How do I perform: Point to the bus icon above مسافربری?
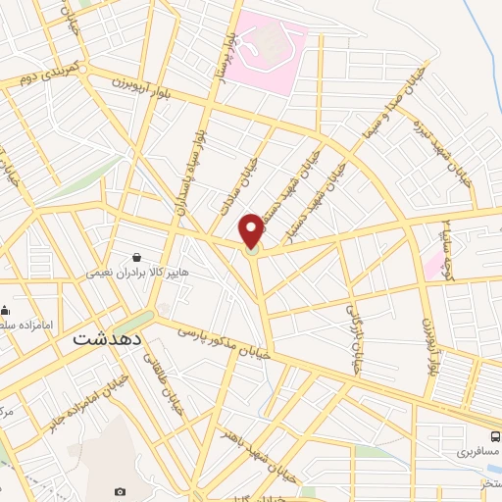pyautogui.click(x=495, y=436)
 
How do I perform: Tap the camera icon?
pyautogui.click(x=120, y=491)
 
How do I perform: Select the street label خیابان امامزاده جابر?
pyautogui.click(x=70, y=409)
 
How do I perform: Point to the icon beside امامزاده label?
pyautogui.click(x=5, y=310)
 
